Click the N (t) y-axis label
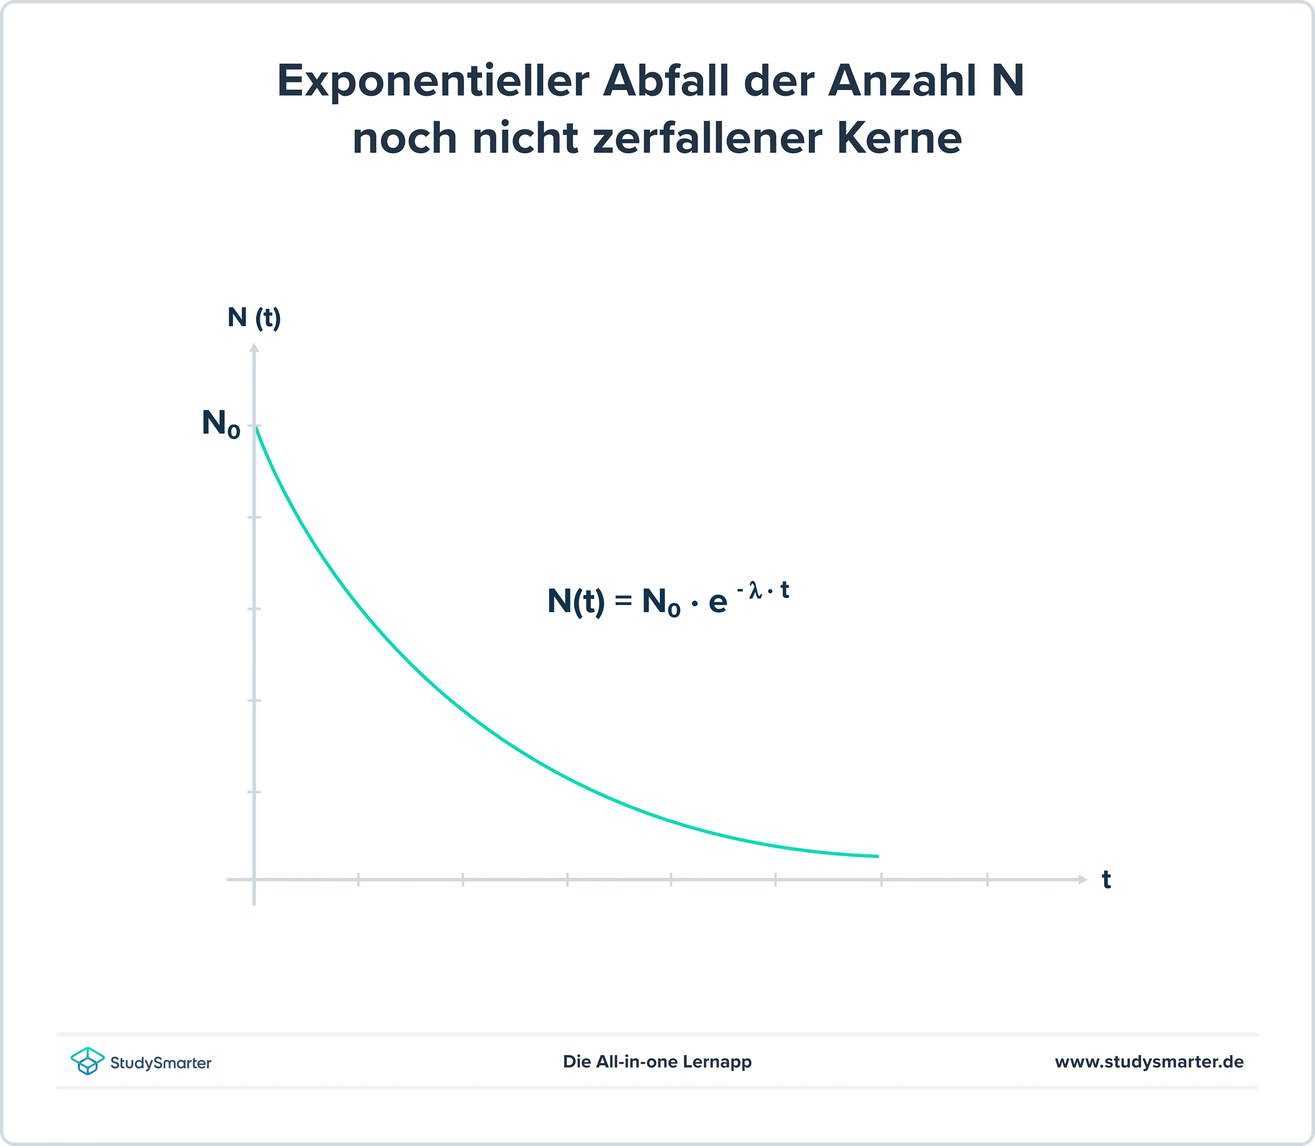pos(254,317)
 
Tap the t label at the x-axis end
pos(1106,880)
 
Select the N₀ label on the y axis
pos(221,423)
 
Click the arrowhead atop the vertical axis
pos(254,348)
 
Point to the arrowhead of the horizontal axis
pos(1082,880)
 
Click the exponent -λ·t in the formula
pos(763,590)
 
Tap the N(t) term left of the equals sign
pos(575,601)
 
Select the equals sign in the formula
pos(623,601)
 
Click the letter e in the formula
pos(717,603)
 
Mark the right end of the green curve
pos(877,856)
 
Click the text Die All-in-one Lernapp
pos(657,1062)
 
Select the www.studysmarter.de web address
pos(1149,1062)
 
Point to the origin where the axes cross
pos(254,880)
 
